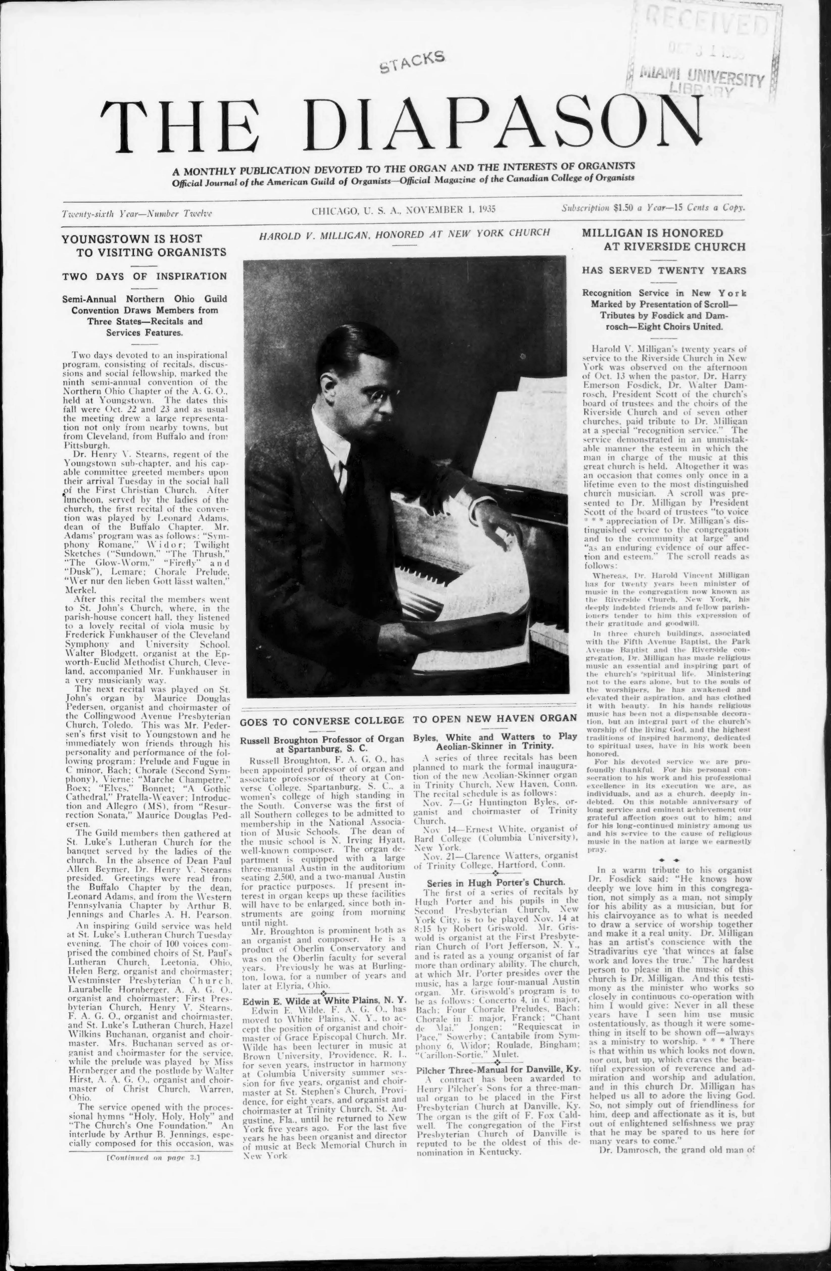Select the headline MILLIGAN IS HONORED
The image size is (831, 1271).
tap(653, 233)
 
